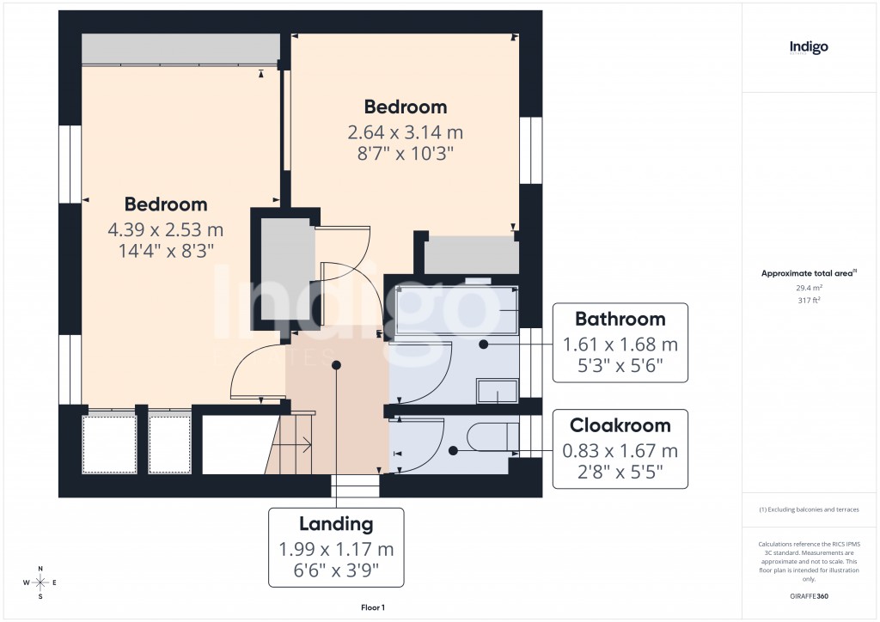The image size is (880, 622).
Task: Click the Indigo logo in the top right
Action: tap(809, 48)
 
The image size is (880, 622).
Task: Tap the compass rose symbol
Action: tap(40, 582)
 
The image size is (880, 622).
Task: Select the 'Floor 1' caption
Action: tap(373, 607)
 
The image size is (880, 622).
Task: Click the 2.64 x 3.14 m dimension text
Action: tap(405, 132)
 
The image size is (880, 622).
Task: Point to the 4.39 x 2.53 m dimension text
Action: tap(165, 229)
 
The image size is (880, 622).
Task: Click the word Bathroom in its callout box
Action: tap(620, 320)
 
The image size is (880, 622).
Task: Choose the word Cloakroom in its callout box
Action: tap(620, 425)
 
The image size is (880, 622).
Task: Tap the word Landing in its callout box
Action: tap(336, 524)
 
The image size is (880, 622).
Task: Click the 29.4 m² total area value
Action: tap(809, 289)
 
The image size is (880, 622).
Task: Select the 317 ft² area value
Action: tap(809, 300)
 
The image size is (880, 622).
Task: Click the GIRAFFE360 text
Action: tap(809, 596)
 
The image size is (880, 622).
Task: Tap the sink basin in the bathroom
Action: tap(497, 392)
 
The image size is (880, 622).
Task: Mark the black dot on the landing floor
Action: tap(337, 365)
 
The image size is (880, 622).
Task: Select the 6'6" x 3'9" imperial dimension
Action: tap(336, 570)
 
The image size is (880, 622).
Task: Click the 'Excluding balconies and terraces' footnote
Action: tap(809, 509)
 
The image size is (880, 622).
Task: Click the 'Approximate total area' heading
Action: tap(809, 273)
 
